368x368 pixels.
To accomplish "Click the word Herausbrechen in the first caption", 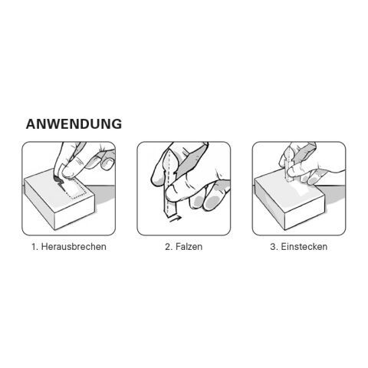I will pyautogui.click(x=74, y=248).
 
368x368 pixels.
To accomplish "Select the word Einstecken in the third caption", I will pyautogui.click(x=303, y=248).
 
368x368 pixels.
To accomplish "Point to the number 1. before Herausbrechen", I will pyautogui.click(x=35, y=248).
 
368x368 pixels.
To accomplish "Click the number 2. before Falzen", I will pyautogui.click(x=169, y=248).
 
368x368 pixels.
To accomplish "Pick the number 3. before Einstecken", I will pyautogui.click(x=273, y=248).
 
